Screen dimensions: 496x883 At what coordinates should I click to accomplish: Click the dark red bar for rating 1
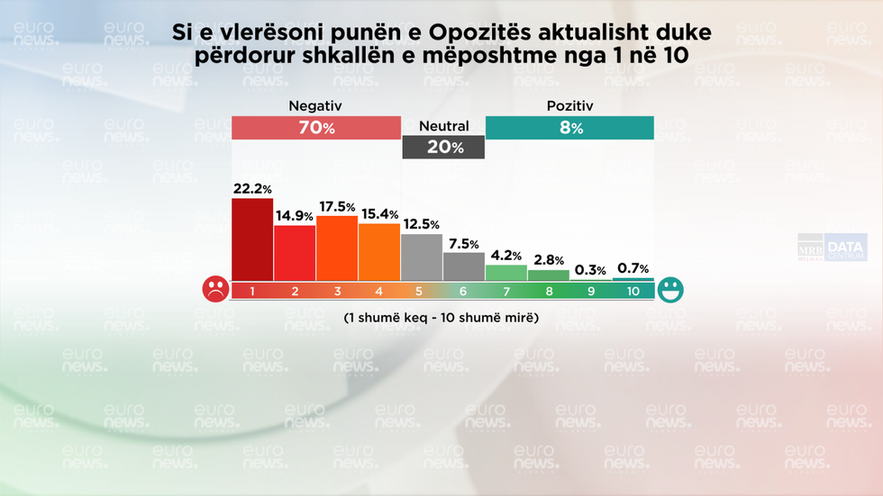[252, 239]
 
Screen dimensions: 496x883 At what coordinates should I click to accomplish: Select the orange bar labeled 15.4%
[379, 252]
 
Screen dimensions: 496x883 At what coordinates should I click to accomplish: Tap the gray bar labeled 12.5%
[422, 257]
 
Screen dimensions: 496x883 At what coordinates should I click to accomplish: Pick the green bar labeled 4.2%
[506, 273]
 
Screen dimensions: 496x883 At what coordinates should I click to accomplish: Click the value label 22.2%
[252, 188]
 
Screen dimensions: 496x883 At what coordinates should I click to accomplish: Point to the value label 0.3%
[590, 270]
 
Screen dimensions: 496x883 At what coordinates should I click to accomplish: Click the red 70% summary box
[316, 128]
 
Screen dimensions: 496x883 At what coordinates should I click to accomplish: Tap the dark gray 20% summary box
[443, 148]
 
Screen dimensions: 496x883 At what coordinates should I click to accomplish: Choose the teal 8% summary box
[569, 128]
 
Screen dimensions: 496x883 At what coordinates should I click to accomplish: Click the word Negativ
[315, 106]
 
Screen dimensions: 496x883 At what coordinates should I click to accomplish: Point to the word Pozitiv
[569, 106]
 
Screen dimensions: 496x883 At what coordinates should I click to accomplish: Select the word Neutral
[444, 126]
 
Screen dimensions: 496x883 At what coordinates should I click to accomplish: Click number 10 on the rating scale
[633, 291]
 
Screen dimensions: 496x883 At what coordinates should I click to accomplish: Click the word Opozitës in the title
[481, 33]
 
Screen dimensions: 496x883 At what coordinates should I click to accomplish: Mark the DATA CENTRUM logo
[846, 247]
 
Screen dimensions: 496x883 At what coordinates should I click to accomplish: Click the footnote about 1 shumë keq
[441, 318]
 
